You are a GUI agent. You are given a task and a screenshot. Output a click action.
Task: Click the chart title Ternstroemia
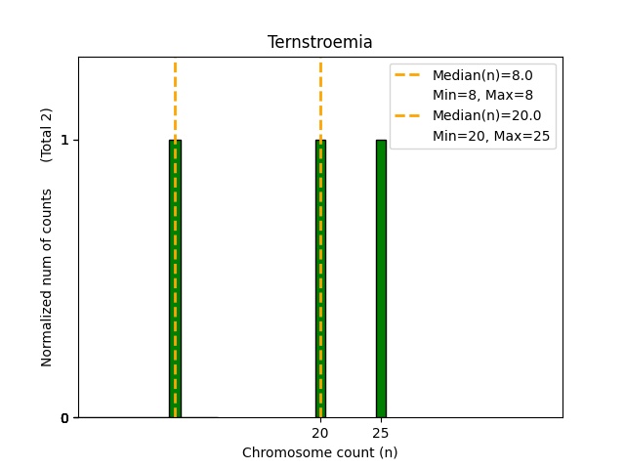pos(319,42)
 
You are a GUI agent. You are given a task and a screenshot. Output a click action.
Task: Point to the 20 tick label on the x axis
pos(320,433)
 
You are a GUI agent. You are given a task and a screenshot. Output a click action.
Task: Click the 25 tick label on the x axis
pos(381,433)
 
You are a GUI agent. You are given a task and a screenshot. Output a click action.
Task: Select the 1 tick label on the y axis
pos(64,140)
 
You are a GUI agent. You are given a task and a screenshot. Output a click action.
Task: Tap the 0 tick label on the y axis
pos(64,418)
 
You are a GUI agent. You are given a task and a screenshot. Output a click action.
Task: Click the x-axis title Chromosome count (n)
pos(319,452)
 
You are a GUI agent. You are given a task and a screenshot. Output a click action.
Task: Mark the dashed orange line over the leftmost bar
pos(175,98)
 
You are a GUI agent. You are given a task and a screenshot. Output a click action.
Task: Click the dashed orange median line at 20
pos(320,98)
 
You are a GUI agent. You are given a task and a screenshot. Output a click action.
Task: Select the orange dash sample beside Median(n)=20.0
pos(410,115)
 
